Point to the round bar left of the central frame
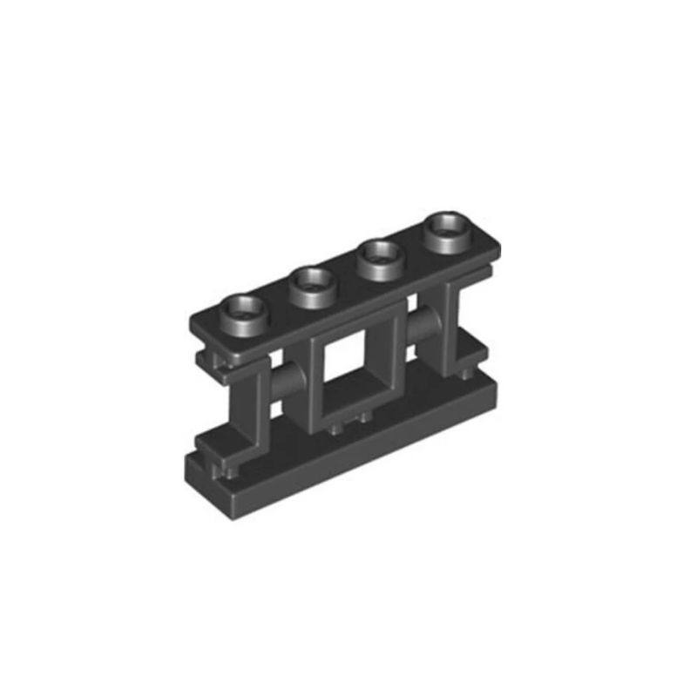[x=290, y=382]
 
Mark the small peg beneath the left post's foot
[x=236, y=471]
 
